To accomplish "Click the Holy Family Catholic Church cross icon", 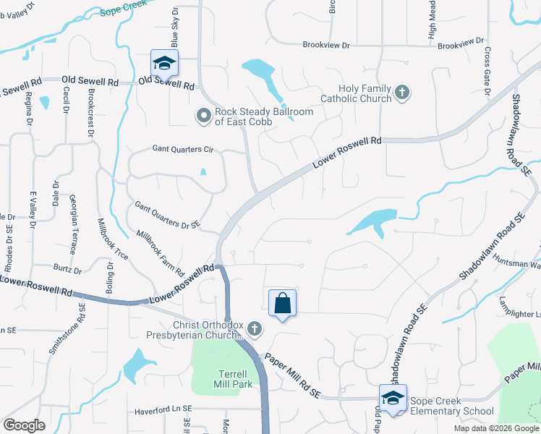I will click(403, 93).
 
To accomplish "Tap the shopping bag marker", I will click(282, 304).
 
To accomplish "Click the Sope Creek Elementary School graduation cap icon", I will click(393, 399).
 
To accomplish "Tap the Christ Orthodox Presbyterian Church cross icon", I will click(254, 329).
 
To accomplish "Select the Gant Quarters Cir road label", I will click(184, 149).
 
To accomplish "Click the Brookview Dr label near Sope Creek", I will click(326, 46).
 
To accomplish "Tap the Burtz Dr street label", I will click(67, 271).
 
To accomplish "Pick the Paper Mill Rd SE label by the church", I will click(292, 375).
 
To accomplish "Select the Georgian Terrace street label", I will click(72, 224).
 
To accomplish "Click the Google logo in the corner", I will click(24, 425).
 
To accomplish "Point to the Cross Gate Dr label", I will click(487, 71).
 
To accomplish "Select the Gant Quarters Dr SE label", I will click(168, 216).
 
